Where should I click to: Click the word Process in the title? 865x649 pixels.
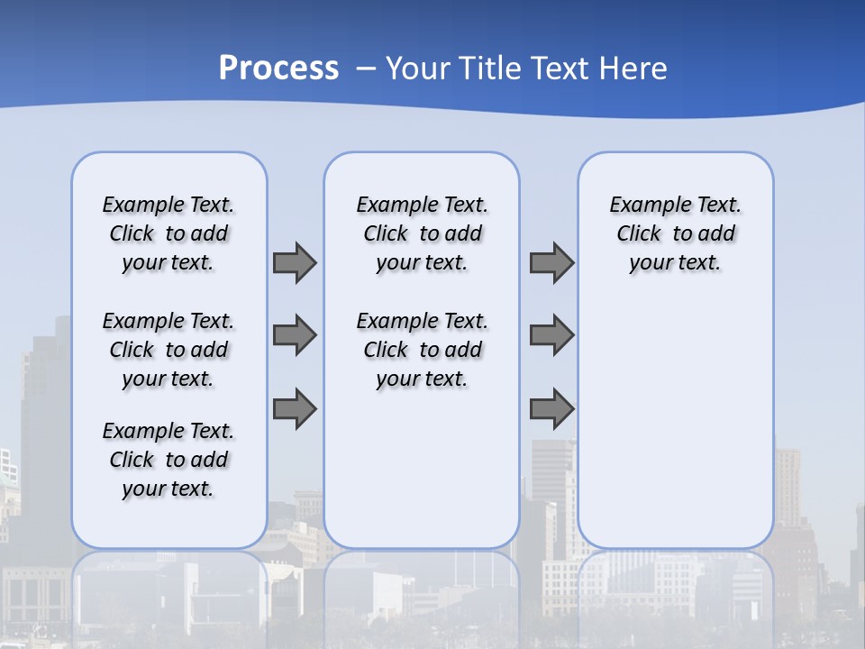[x=278, y=68]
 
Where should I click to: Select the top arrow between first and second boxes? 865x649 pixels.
[x=295, y=262]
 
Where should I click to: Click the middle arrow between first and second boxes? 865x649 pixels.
[x=295, y=335]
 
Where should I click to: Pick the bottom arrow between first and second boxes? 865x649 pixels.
[x=295, y=408]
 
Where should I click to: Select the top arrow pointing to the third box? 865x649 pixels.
[x=551, y=262]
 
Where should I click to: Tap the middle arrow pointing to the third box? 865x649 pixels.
[x=551, y=335]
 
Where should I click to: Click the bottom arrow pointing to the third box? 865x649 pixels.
[x=551, y=408]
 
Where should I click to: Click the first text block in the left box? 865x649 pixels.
[x=168, y=233]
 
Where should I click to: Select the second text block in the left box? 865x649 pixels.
[x=168, y=350]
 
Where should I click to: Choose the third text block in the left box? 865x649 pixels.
[x=168, y=460]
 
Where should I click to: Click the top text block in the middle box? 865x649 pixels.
[x=422, y=233]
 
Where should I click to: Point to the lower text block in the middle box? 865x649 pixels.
[x=422, y=350]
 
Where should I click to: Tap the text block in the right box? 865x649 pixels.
[x=675, y=233]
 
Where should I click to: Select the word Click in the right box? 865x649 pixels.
[x=639, y=234]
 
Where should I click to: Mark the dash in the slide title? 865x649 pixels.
[x=366, y=69]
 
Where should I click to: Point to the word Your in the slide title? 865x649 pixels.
[x=418, y=68]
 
